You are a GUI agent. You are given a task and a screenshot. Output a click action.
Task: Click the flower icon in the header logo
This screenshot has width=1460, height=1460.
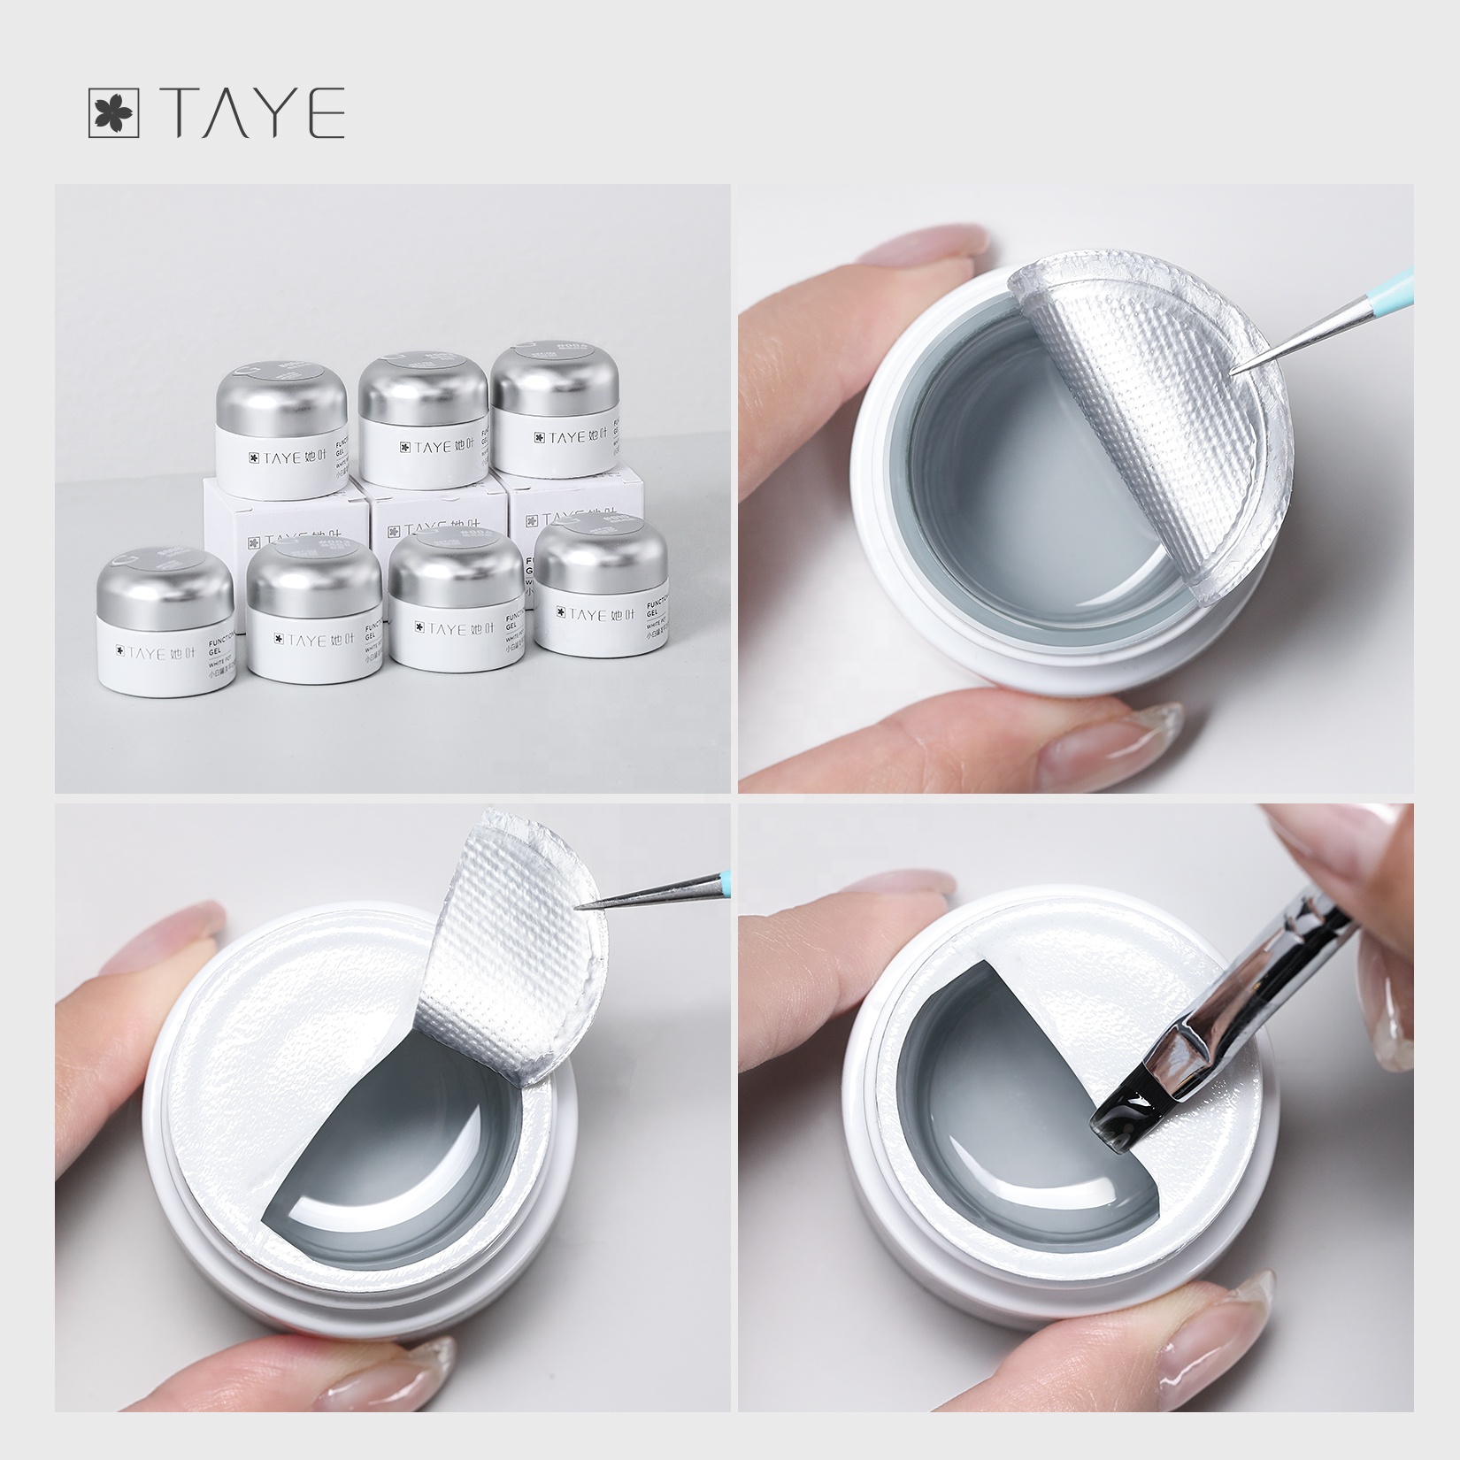114,113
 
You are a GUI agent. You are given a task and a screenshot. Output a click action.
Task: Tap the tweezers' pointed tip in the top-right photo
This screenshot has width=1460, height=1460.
1239,372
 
